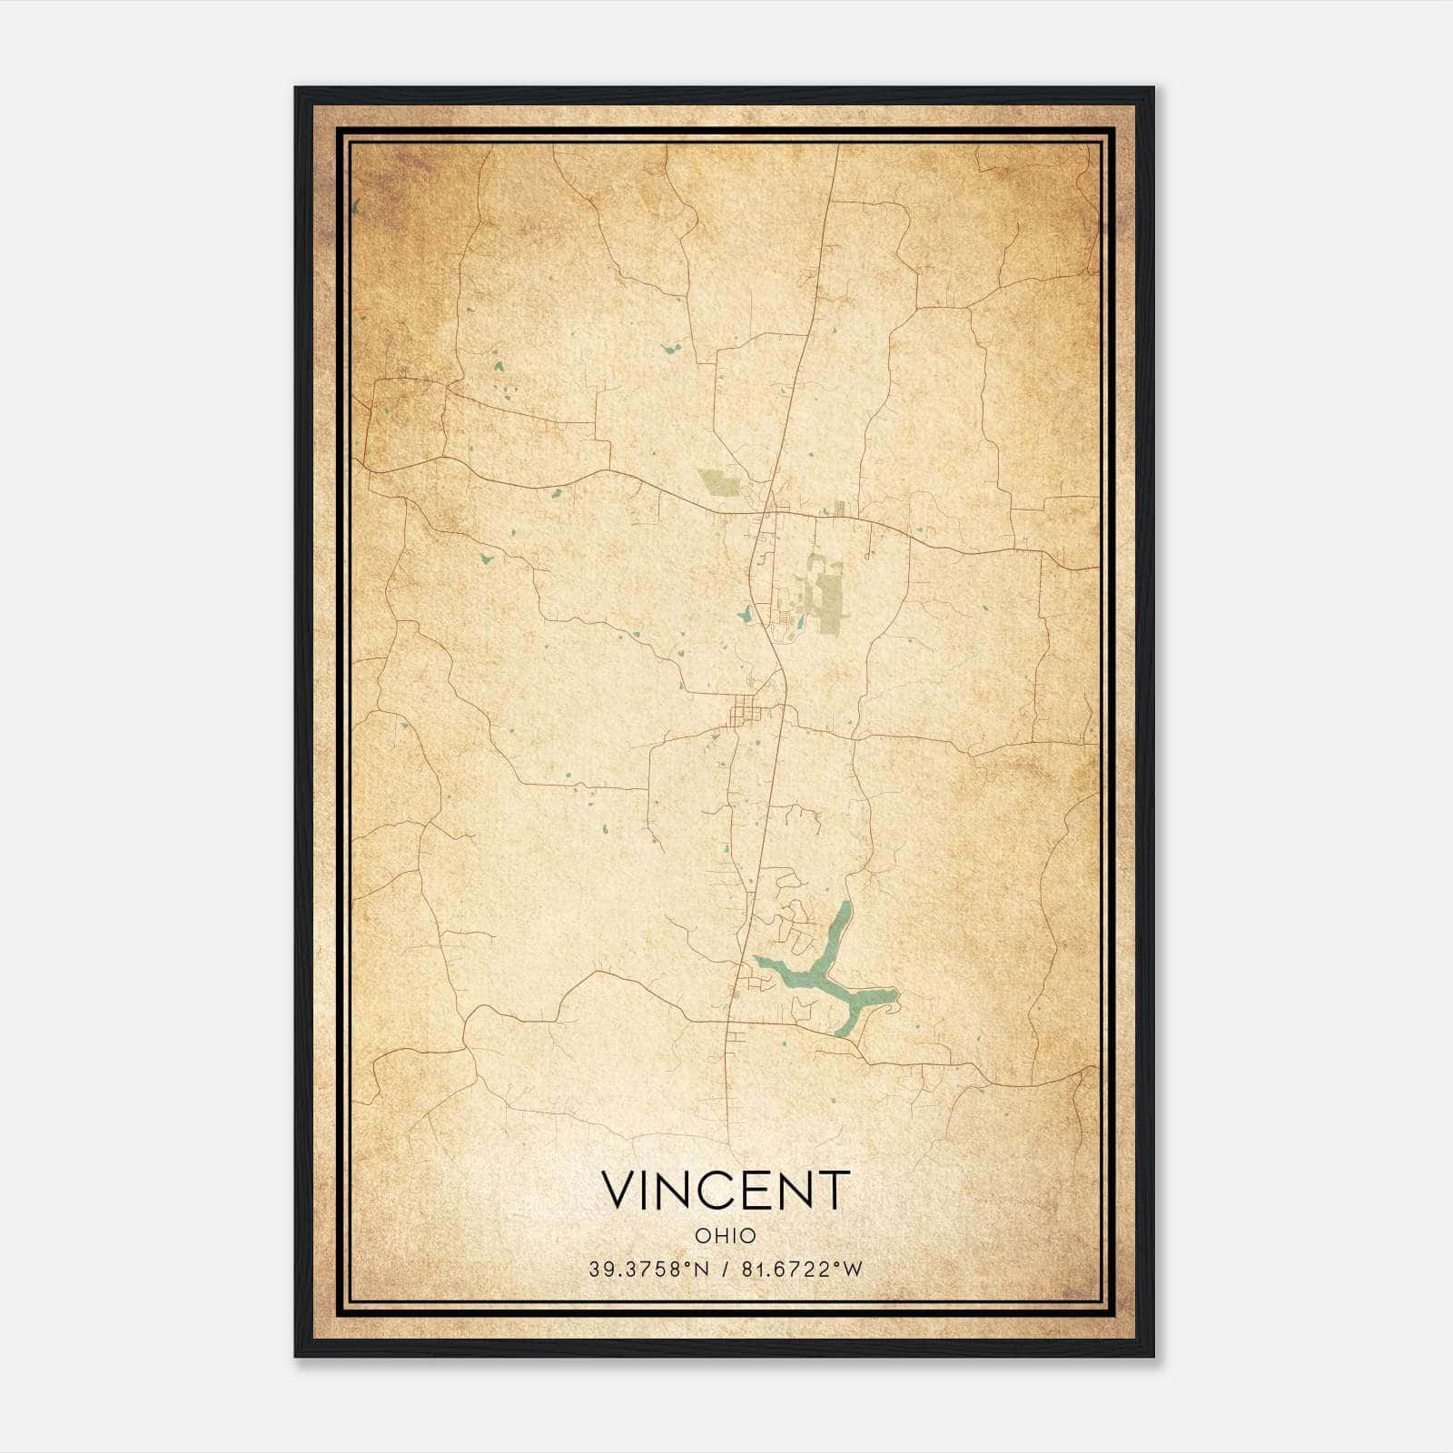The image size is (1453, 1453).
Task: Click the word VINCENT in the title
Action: (x=726, y=1190)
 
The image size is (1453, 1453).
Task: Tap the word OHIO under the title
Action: (x=726, y=1236)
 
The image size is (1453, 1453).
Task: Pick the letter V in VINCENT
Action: (x=620, y=1190)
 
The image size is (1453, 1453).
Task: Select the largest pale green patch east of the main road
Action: (x=825, y=595)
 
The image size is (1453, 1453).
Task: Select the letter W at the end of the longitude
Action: (x=852, y=1270)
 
